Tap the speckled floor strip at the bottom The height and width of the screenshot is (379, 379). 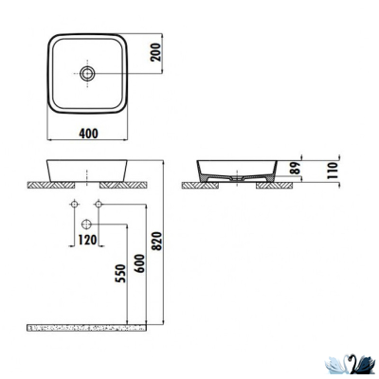click(x=90, y=327)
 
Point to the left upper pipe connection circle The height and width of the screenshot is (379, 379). click(x=75, y=206)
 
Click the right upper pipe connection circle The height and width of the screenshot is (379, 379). click(x=98, y=206)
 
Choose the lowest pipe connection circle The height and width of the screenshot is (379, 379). click(x=87, y=224)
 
